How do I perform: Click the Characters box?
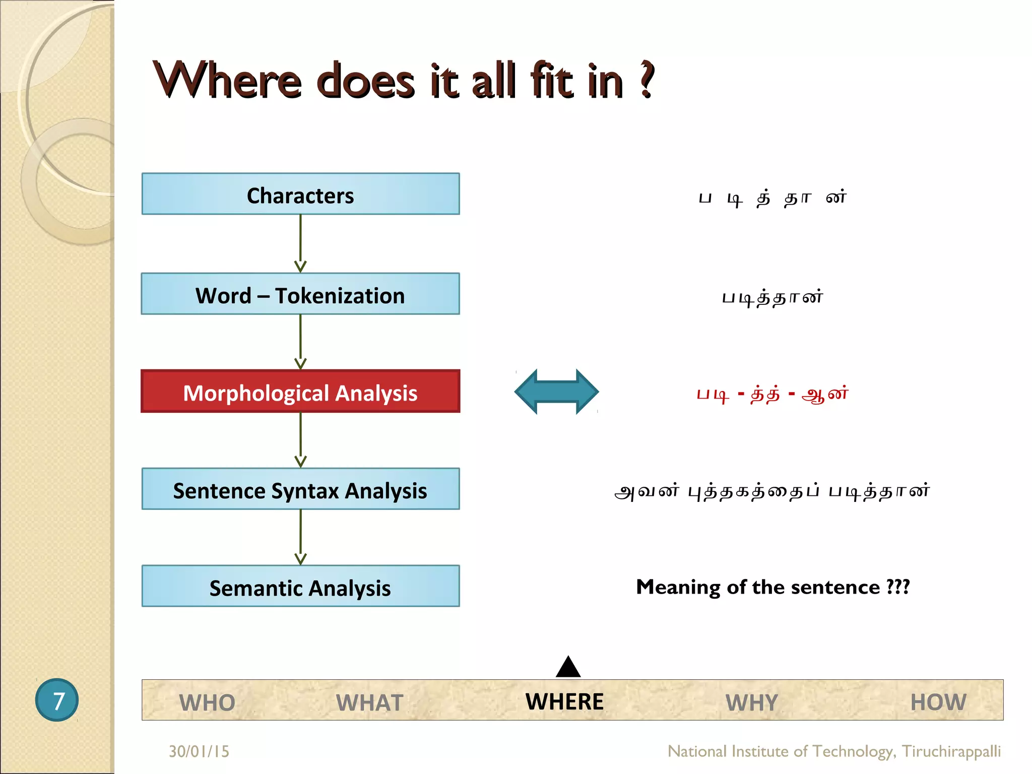pos(300,194)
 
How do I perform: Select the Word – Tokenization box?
pos(300,294)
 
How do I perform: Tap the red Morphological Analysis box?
pos(300,392)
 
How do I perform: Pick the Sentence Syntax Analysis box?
pos(300,489)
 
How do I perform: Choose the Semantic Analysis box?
pos(300,586)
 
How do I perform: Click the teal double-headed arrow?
pos(556,392)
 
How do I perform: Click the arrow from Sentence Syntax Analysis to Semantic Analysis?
pos(300,537)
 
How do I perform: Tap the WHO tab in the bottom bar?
pos(207,702)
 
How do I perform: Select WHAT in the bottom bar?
pos(369,702)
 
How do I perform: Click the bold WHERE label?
pos(564,701)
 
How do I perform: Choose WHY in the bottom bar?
pos(752,702)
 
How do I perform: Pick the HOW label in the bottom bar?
pos(938,701)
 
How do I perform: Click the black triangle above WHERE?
pos(568,668)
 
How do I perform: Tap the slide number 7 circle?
pos(57,700)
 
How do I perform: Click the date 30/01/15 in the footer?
pos(199,751)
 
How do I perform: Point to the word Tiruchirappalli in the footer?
pos(951,751)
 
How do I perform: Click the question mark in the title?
pos(647,81)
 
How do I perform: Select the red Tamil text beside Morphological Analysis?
pos(772,394)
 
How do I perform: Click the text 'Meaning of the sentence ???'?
pos(772,587)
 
